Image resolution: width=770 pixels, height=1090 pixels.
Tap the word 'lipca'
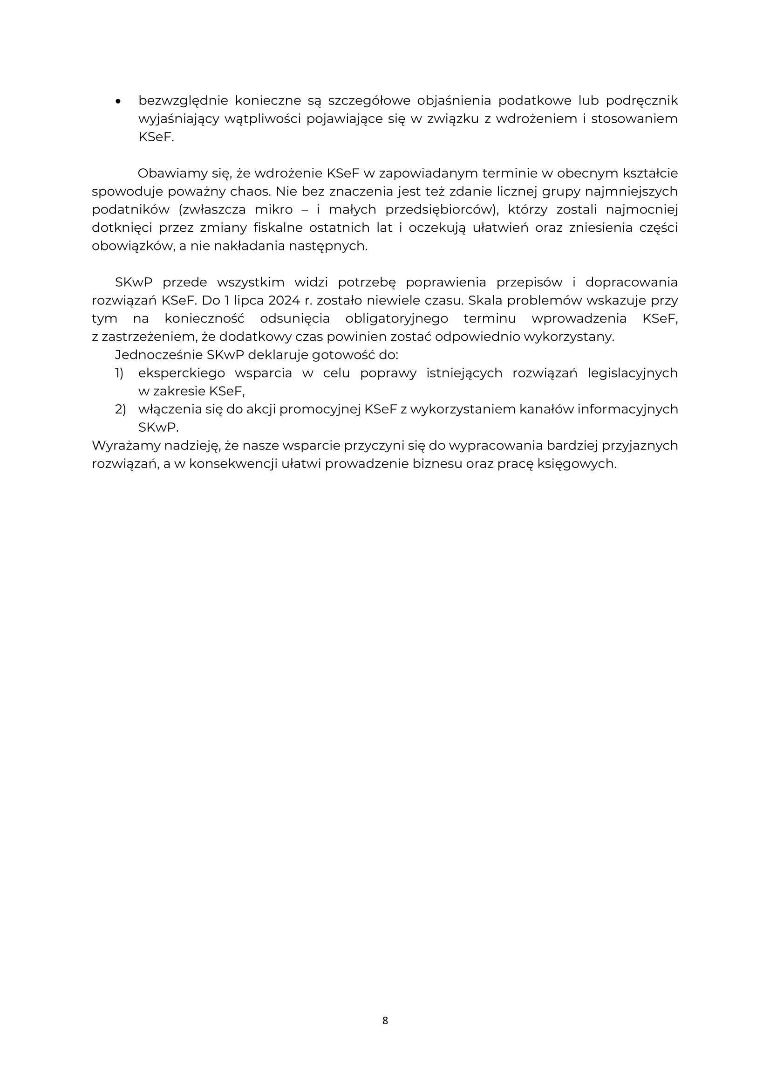(x=248, y=301)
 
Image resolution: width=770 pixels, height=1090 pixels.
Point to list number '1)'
(x=120, y=373)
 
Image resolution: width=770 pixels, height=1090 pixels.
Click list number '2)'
(x=120, y=409)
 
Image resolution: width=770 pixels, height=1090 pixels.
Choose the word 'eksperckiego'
(x=181, y=373)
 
